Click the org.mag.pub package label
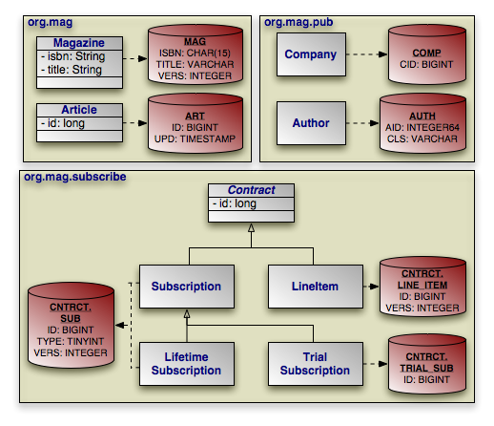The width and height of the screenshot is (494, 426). [298, 22]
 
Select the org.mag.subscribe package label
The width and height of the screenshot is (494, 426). [75, 177]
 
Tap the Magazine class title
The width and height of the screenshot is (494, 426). [79, 43]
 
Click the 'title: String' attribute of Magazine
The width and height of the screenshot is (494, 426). [72, 70]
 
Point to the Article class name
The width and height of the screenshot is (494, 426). [79, 110]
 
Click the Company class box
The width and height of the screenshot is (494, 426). [311, 54]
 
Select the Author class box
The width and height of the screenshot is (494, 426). [311, 123]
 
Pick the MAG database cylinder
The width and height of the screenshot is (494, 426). [196, 54]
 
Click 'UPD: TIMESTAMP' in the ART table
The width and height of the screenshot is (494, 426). [195, 138]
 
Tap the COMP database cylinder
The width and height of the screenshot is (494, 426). [427, 54]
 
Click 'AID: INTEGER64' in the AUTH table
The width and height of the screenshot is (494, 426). [422, 127]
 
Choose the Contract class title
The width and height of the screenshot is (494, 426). [251, 190]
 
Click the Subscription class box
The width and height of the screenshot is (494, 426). [187, 287]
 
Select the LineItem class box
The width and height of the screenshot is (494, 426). [316, 287]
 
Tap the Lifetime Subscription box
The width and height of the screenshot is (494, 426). [187, 364]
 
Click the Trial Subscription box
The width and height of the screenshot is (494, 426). [316, 364]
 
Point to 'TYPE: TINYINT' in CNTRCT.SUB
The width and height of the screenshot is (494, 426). [71, 341]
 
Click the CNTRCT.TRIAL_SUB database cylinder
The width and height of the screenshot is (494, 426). [427, 364]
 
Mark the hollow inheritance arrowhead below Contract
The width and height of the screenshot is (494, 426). [251, 227]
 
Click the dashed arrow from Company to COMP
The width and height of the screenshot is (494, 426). [367, 54]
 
